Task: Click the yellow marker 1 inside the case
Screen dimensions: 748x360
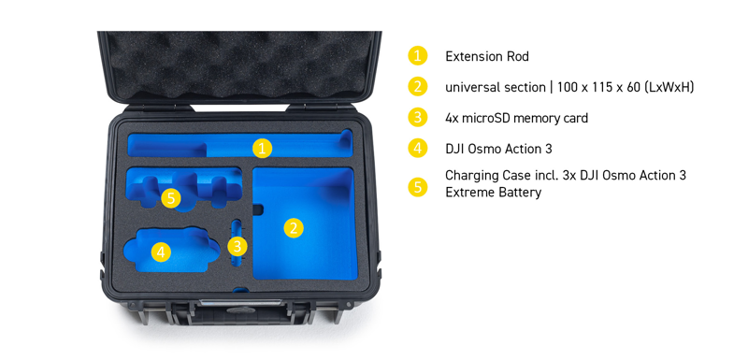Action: click(262, 149)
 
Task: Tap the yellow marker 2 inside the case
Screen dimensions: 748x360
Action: click(294, 228)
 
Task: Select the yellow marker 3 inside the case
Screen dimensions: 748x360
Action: click(237, 247)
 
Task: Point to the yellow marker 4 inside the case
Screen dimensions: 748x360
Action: click(161, 252)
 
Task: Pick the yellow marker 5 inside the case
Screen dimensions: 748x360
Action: click(171, 198)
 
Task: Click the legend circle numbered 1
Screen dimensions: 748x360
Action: click(417, 56)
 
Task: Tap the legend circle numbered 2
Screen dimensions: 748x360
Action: click(417, 87)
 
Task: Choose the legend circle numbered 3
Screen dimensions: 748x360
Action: click(417, 118)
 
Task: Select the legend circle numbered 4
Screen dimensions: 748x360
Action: click(417, 149)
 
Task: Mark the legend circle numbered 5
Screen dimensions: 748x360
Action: click(417, 186)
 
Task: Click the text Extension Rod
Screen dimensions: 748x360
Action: click(487, 57)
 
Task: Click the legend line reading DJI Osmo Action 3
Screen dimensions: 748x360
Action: click(498, 149)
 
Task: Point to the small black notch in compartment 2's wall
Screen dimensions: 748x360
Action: click(258, 209)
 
